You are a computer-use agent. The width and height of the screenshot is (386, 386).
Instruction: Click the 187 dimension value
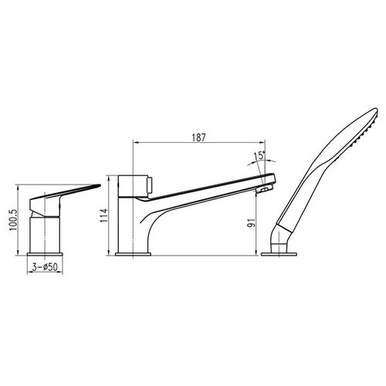tap(198, 137)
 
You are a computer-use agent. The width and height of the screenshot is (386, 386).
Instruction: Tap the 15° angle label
tap(259, 156)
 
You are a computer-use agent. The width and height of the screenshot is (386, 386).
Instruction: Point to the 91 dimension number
tap(252, 223)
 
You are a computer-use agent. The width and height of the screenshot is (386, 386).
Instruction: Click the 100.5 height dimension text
tap(14, 220)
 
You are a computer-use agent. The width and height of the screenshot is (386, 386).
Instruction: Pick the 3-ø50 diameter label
tap(45, 267)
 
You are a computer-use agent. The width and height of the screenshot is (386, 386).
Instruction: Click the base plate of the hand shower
tap(279, 254)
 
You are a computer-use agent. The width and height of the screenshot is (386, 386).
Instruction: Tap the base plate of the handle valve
tap(45, 254)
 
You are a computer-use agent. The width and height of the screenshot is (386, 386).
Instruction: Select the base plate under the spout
tap(133, 254)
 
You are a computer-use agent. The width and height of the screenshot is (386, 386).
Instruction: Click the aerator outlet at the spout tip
tap(264, 189)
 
